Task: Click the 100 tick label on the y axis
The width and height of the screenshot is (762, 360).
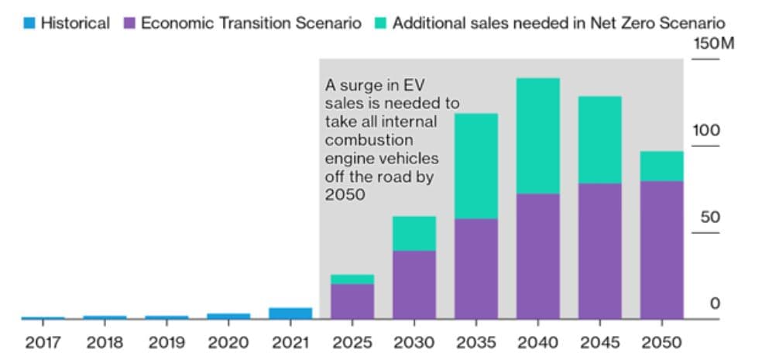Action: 705,130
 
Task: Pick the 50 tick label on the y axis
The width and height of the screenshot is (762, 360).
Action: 709,217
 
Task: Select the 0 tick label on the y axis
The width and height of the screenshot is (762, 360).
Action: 714,303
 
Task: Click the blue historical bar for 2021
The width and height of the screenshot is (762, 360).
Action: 290,313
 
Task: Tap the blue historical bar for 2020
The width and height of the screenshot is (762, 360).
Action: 228,316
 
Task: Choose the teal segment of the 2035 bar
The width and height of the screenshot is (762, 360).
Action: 475,166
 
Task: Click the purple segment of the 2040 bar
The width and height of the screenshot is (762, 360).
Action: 537,255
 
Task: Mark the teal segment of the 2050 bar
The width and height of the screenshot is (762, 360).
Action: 661,166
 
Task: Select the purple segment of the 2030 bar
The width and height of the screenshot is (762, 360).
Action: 414,284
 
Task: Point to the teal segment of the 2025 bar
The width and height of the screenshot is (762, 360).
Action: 352,279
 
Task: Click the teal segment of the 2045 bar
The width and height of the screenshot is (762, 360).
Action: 599,139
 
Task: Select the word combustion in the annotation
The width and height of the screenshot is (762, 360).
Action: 368,140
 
